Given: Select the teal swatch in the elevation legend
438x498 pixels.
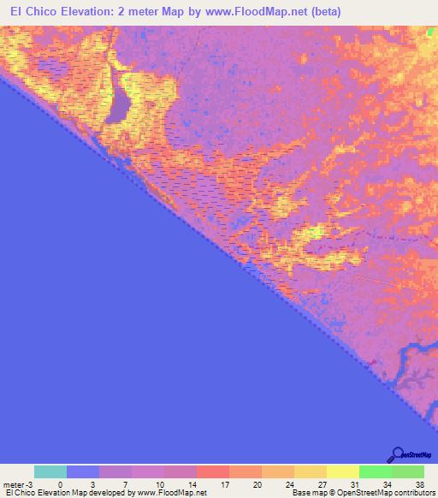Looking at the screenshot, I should click(x=50, y=471).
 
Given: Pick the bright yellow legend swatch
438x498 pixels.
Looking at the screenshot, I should click(x=342, y=471).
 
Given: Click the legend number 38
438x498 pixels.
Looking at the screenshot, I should click(x=418, y=484).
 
